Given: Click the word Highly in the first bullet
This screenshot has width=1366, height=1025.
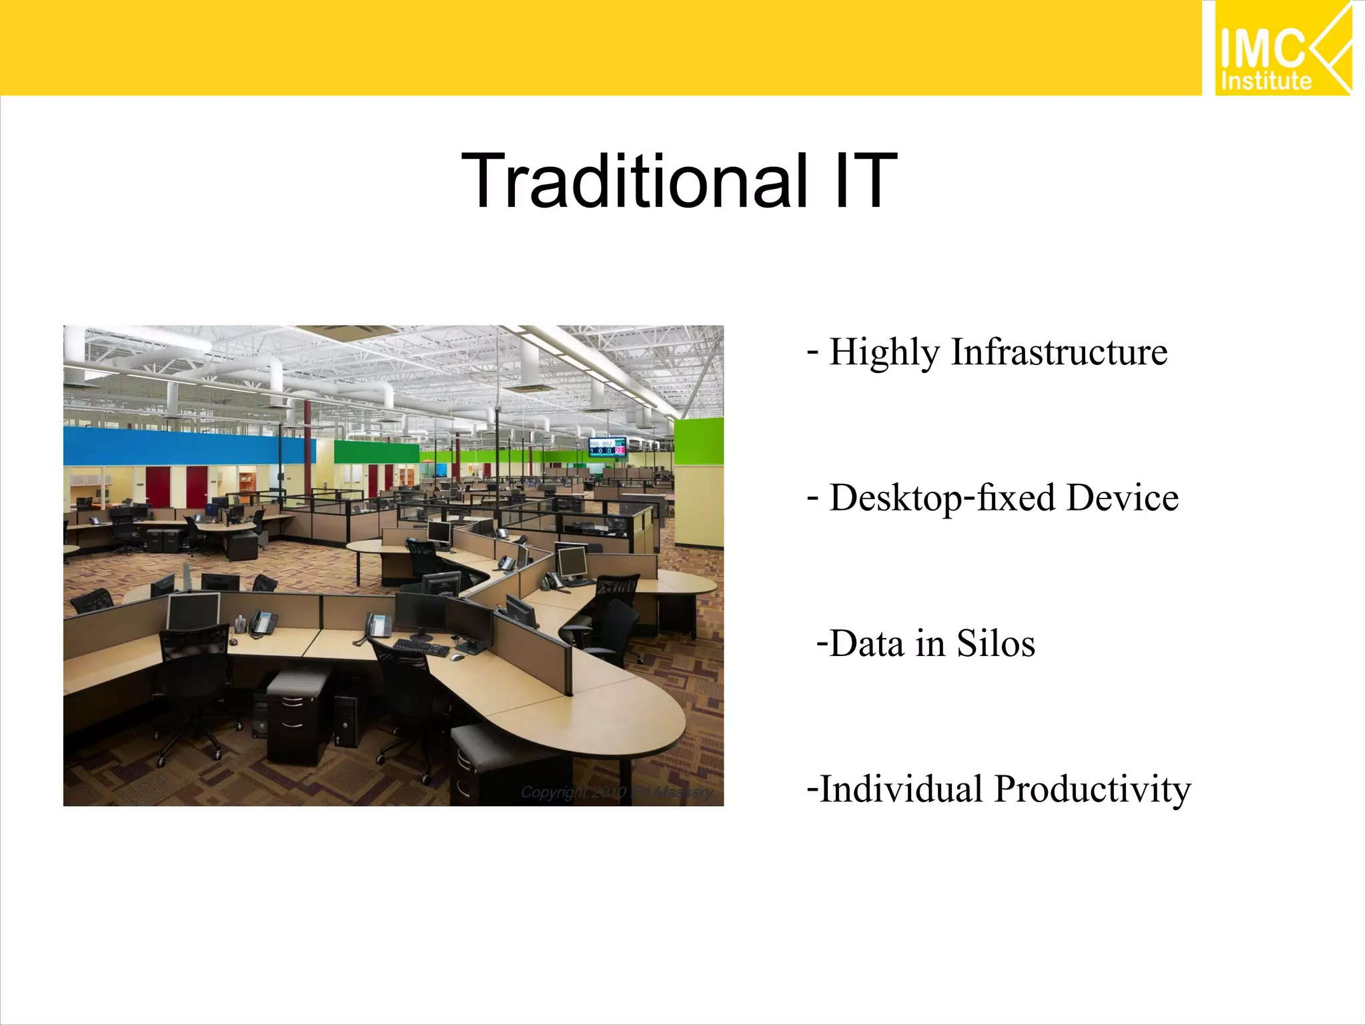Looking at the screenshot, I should pyautogui.click(x=883, y=354).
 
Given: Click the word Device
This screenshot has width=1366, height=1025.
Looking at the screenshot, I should pyautogui.click(x=1122, y=498).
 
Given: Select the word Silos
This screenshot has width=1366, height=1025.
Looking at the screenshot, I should pyautogui.click(x=996, y=644).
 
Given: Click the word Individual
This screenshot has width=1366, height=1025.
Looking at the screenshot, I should pyautogui.click(x=901, y=789).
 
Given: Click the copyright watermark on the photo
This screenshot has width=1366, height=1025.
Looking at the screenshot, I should pyautogui.click(x=616, y=792).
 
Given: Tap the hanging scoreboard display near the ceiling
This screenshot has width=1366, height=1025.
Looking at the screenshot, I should pyautogui.click(x=607, y=447).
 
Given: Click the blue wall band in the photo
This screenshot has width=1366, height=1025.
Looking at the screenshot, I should pyautogui.click(x=180, y=446).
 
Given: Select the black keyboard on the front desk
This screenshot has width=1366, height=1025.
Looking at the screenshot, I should pyautogui.click(x=422, y=647).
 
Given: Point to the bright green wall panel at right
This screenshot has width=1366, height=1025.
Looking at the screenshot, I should pyautogui.click(x=699, y=440).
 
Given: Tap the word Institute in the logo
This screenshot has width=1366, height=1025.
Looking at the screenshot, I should pyautogui.click(x=1265, y=81).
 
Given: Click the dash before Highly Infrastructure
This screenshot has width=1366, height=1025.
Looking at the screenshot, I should pyautogui.click(x=812, y=350).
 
